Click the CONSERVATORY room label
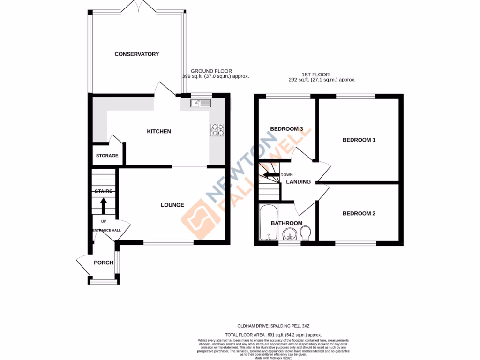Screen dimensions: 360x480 coord(137,54)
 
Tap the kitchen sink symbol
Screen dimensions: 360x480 coord(201,104)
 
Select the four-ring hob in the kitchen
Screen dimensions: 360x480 coord(217,129)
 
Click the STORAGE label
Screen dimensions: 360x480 coord(107,156)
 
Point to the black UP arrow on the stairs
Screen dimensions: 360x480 coord(104,205)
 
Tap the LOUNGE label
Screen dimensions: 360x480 coord(172,205)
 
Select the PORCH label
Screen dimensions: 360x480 coord(103,262)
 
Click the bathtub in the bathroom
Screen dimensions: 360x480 coord(269,223)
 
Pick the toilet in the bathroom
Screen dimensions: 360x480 coord(306,233)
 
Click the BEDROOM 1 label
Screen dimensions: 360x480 coord(359,140)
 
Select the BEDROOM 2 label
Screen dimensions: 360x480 coord(359,213)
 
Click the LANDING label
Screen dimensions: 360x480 coord(299,182)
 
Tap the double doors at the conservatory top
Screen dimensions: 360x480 coord(137,7)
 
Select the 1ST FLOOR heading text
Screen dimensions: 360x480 coord(315,74)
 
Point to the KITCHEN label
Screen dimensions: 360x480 coord(159,132)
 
